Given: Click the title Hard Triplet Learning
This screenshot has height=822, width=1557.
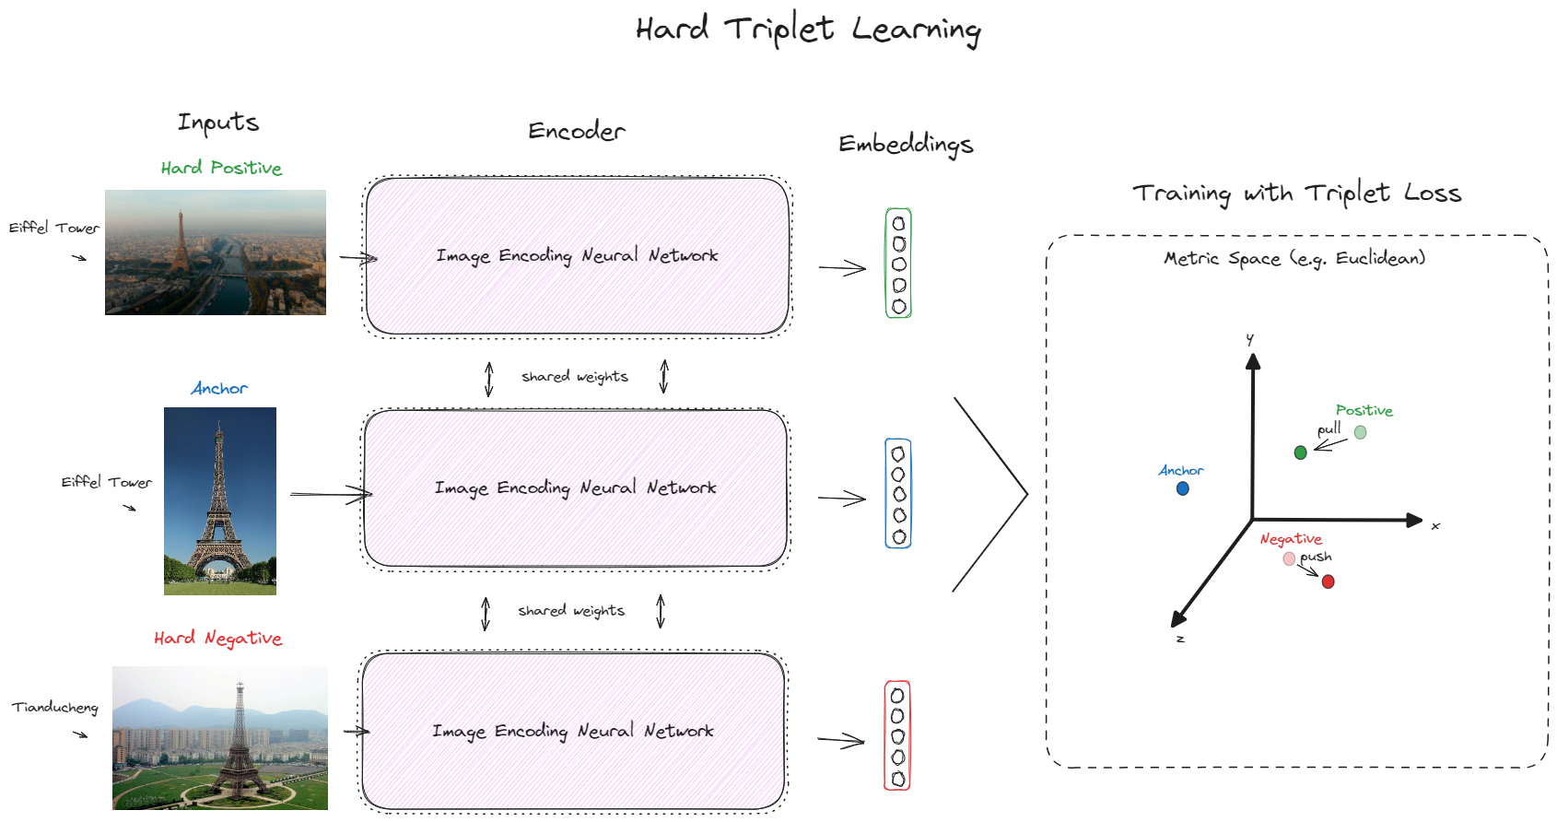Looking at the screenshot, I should (x=808, y=29).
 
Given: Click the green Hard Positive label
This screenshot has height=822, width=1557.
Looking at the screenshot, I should (x=221, y=168).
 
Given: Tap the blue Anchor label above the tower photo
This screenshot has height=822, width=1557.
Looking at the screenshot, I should (x=219, y=389).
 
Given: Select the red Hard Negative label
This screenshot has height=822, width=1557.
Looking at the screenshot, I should (x=217, y=638).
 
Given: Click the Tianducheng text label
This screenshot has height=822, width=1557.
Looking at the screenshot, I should (x=54, y=707).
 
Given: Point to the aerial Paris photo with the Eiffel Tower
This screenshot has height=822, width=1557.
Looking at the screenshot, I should (x=215, y=252).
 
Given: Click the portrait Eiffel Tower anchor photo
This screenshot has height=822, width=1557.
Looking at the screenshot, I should (x=219, y=500).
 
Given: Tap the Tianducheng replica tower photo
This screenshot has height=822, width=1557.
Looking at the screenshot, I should (x=219, y=737).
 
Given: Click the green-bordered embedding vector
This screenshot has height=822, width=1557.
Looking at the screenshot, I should (x=898, y=264).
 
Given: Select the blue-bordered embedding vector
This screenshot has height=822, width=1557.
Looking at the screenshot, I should (x=898, y=494).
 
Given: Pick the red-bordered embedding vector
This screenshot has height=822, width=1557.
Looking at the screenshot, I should (x=897, y=735).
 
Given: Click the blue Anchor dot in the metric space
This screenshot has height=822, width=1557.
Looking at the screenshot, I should (x=1183, y=488).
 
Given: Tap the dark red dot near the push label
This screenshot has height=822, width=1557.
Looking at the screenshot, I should (x=1328, y=581).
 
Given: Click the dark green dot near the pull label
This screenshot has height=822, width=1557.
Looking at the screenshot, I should (x=1300, y=452).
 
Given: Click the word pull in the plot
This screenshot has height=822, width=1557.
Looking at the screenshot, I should (x=1329, y=429).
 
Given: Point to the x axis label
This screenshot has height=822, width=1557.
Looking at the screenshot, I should (x=1435, y=526).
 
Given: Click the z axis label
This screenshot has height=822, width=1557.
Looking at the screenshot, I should (x=1180, y=639).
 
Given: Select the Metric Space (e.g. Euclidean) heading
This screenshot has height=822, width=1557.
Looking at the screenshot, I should (x=1294, y=259).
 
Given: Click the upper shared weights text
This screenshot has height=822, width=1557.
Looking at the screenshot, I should (x=575, y=377).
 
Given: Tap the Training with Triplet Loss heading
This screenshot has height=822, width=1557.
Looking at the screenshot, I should (x=1296, y=193).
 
